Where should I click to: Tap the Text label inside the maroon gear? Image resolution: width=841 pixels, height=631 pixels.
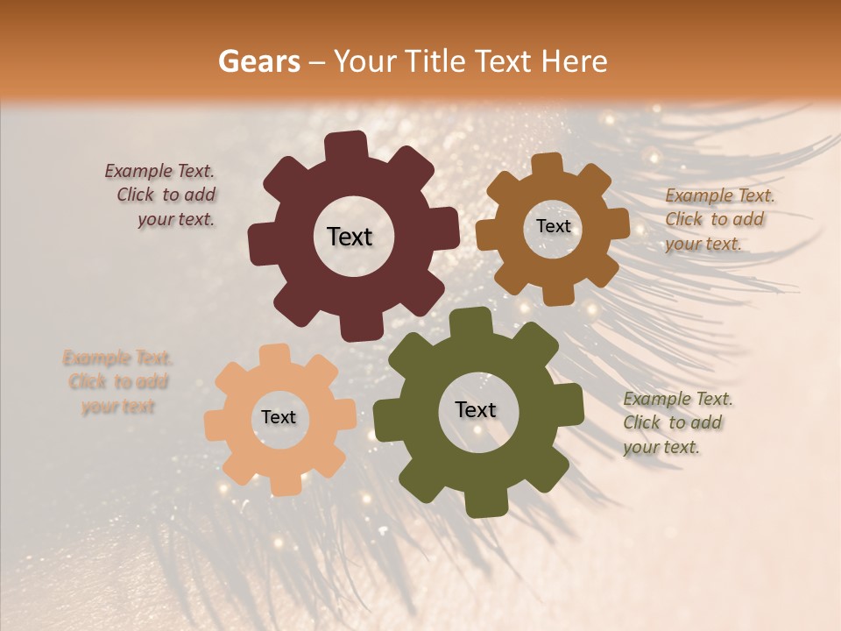(x=350, y=237)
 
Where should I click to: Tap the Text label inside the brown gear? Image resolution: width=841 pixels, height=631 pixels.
(x=553, y=226)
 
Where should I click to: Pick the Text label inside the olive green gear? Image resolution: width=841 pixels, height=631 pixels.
(x=476, y=409)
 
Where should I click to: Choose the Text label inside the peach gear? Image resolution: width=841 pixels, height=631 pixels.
(x=279, y=418)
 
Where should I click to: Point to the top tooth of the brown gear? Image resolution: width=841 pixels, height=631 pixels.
(x=548, y=164)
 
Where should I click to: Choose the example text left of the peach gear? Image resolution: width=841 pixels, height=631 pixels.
(x=117, y=382)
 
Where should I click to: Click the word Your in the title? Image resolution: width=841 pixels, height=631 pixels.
(x=360, y=61)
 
